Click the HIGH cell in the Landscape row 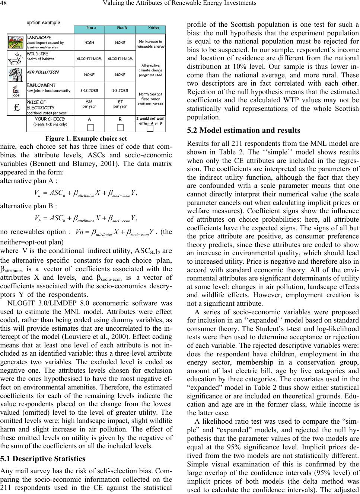[89, 43]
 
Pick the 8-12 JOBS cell [89, 90]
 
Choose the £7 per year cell [120, 104]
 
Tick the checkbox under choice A [89, 128]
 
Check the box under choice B [120, 128]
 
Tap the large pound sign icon [16, 106]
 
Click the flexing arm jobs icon [16, 90]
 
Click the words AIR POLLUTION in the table [42, 72]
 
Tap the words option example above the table [43, 22]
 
